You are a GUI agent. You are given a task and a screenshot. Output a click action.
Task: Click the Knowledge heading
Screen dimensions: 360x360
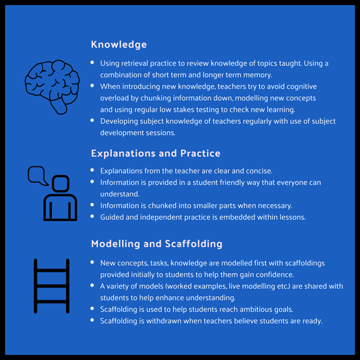tap(119, 44)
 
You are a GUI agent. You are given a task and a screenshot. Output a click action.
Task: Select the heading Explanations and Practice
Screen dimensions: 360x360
tap(156, 154)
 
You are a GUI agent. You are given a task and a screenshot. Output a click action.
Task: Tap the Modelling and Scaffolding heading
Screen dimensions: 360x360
tap(157, 244)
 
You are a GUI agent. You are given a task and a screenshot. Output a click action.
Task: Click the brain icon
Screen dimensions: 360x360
tap(52, 87)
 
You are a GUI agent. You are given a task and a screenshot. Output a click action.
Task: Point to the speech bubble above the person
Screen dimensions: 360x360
tap(37, 175)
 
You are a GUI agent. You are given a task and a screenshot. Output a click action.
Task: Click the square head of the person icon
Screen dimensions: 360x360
tap(60, 183)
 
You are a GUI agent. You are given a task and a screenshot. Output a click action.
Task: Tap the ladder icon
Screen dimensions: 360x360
tap(51, 286)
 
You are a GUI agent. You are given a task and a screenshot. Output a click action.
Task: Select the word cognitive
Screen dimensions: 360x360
tap(302, 87)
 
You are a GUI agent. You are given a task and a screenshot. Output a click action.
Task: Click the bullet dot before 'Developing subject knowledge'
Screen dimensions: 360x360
tap(92, 120)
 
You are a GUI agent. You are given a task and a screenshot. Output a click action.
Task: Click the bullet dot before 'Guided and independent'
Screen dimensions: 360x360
tap(92, 216)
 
